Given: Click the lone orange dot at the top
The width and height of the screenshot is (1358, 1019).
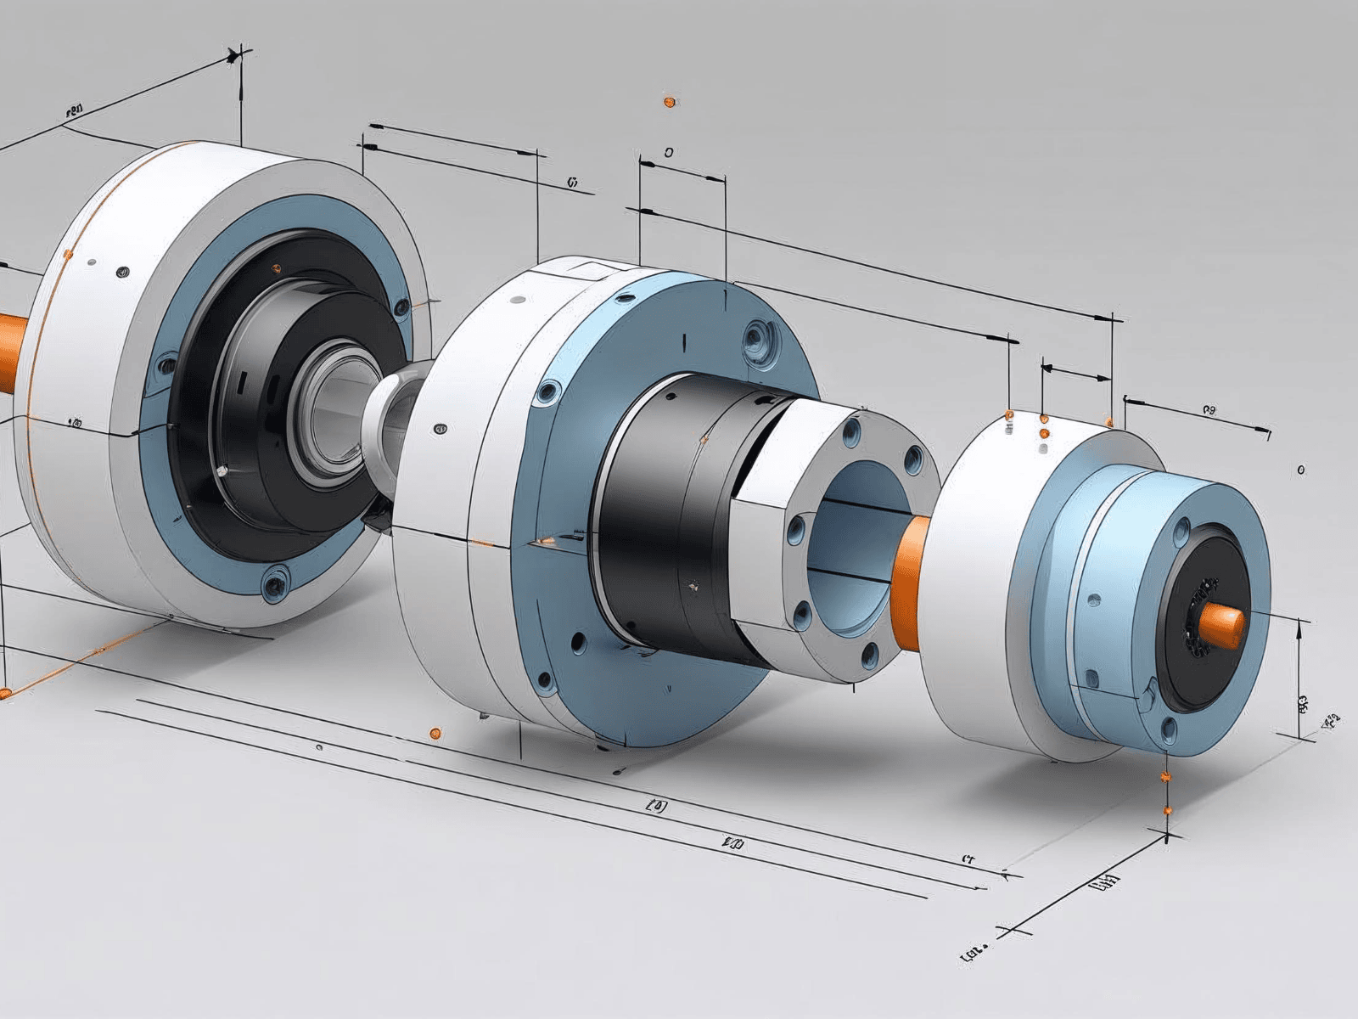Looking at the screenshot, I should tap(668, 102).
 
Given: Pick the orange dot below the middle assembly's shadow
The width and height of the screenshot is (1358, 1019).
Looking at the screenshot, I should tap(435, 731).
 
